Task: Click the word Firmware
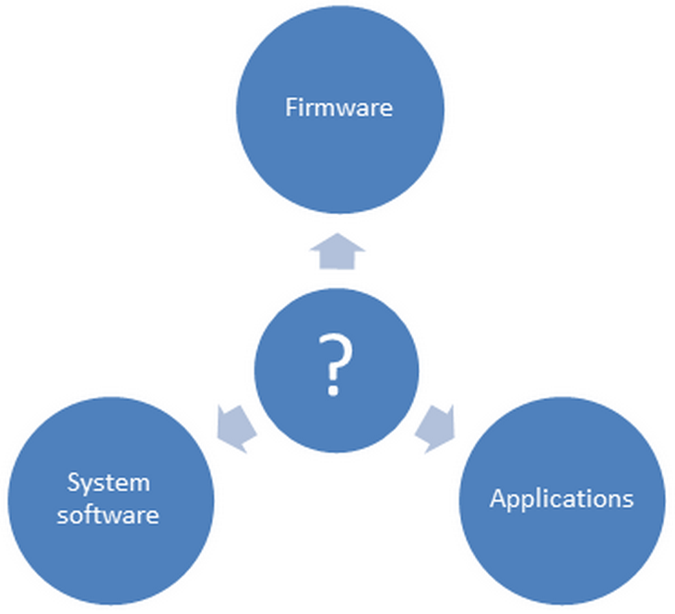[x=338, y=108]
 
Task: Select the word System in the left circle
[x=109, y=482]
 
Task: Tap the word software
[x=108, y=514]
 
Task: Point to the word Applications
[x=562, y=500]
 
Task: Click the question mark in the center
[x=336, y=365]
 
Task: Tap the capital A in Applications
[x=498, y=500]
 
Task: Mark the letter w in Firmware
[x=346, y=109]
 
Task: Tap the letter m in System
[x=138, y=483]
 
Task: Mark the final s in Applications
[x=627, y=501]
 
